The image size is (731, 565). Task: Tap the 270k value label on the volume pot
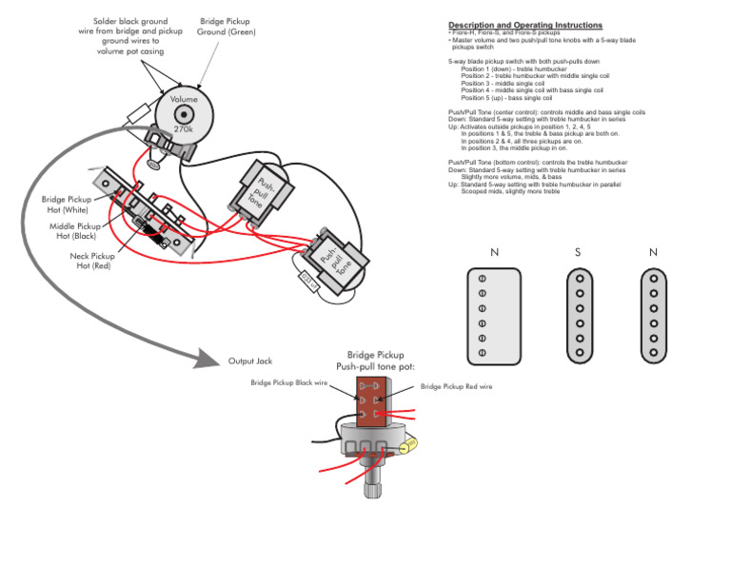point(184,128)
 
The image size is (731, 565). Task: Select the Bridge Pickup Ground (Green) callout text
point(227,26)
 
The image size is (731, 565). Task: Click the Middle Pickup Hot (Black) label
point(75,231)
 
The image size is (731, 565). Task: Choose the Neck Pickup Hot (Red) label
point(92,261)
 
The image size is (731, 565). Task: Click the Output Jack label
point(250,361)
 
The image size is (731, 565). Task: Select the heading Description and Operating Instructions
point(524,25)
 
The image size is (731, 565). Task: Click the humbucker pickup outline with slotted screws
point(494,316)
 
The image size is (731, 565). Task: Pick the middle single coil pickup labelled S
point(578,316)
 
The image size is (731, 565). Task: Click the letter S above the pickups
point(578,253)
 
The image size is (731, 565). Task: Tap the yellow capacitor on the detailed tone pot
point(412,445)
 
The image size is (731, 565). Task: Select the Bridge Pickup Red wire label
point(456,387)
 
